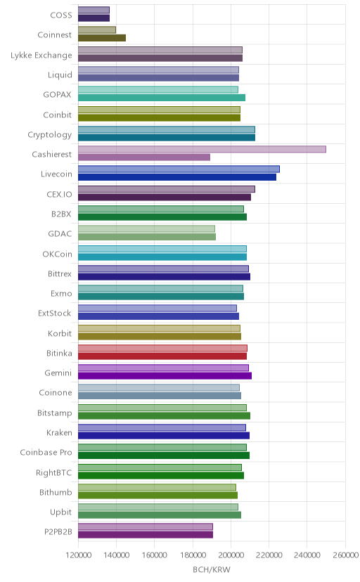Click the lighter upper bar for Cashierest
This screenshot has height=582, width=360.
point(202,149)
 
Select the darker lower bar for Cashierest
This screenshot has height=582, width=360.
point(144,157)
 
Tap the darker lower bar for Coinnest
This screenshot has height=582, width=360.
point(102,38)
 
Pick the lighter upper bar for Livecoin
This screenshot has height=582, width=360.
point(179,169)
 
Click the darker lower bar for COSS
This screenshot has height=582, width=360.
point(94,18)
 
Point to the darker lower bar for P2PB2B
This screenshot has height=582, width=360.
point(146,535)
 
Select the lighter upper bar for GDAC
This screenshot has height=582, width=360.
point(146,228)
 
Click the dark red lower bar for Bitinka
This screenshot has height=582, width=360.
point(162,356)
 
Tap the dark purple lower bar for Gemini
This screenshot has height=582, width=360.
point(165,376)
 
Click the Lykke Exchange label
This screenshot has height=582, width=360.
point(41,56)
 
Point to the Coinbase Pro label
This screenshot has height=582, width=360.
point(46,453)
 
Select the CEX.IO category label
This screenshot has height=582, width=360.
point(59,195)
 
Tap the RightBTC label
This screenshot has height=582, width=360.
point(54,473)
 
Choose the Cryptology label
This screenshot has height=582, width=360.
point(50,135)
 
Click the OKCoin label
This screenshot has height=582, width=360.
point(57,254)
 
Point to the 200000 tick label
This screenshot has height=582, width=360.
point(231,555)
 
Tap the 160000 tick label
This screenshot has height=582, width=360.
point(155,555)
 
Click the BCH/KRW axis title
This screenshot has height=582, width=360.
point(212,570)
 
